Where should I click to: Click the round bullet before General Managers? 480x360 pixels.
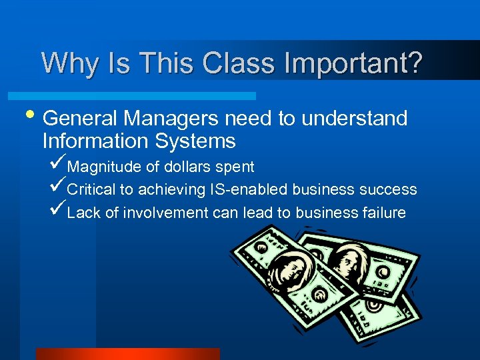point(31,117)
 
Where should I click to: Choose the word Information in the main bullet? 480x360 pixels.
point(95,141)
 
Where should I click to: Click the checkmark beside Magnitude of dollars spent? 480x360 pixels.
point(58,164)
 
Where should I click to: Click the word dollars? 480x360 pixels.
point(185,167)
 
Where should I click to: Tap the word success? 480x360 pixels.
point(388,190)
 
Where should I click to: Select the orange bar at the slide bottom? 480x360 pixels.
point(127,354)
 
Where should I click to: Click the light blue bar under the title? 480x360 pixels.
point(147,96)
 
